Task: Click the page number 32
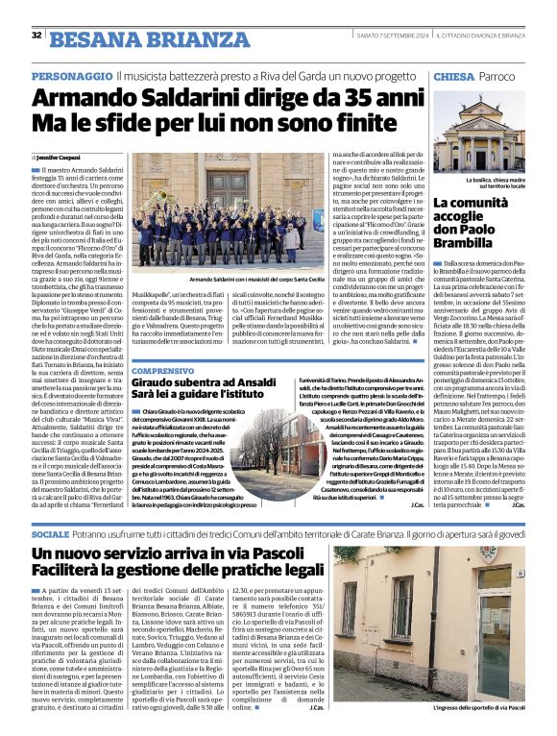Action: point(36,36)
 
